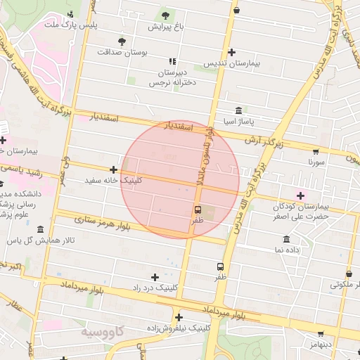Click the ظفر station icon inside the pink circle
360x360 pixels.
coord(197,210)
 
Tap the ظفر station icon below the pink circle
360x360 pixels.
coord(221,266)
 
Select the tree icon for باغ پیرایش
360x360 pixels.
coord(165,15)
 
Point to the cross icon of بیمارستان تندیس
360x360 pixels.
coord(231,52)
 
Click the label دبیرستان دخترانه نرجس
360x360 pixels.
coord(168,77)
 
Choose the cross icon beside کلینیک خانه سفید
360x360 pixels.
coord(113,169)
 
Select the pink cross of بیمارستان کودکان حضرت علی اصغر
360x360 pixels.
coord(301,195)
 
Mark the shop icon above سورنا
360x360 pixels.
coord(317,150)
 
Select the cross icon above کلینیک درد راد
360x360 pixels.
coord(155,277)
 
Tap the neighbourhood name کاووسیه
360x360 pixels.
coord(102,330)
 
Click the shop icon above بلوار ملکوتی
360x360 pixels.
coord(349,274)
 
